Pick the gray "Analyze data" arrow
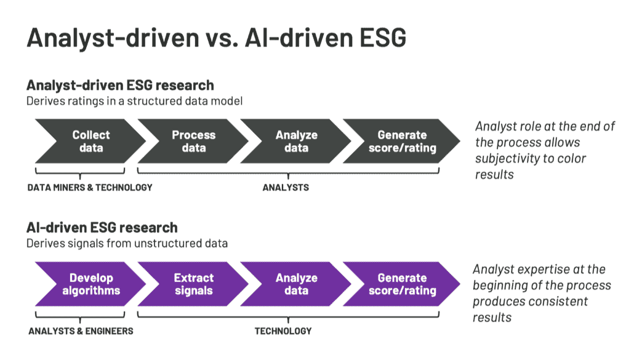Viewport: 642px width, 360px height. tap(296, 141)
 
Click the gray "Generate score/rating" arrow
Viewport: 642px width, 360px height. tap(401, 141)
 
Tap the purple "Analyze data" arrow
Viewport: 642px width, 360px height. tap(296, 284)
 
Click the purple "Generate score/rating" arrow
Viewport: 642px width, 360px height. tap(401, 284)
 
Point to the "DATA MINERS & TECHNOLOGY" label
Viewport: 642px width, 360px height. tap(89, 188)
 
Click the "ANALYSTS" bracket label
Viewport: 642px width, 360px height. tap(286, 188)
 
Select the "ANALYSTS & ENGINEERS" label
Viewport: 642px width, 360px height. tap(81, 331)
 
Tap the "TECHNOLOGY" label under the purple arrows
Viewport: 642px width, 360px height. tap(283, 331)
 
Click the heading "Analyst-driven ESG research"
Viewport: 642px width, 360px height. tap(120, 85)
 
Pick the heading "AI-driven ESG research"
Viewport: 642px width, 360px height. tap(102, 228)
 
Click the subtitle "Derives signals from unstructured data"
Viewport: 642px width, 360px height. tap(127, 243)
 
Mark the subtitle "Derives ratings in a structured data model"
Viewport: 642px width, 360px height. tap(134, 100)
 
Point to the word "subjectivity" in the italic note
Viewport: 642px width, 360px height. tap(504, 158)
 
